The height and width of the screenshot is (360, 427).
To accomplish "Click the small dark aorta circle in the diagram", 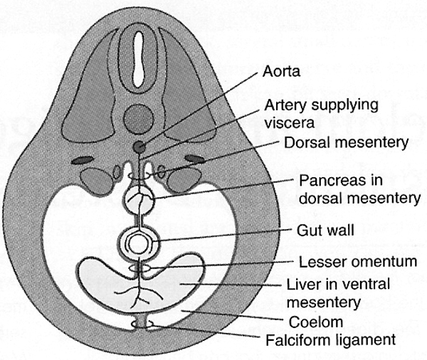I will point(141,147).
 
